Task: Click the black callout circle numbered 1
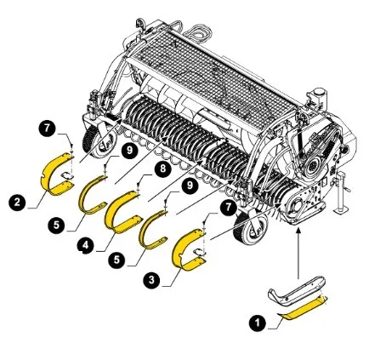(x=258, y=323)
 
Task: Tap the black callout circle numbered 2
(x=17, y=203)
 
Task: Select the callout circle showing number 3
(x=151, y=280)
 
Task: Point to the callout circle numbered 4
(x=85, y=246)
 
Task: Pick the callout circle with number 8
(x=162, y=169)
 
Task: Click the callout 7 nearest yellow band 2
(x=47, y=129)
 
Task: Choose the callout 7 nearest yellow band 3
(x=229, y=208)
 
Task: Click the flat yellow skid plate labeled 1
(x=302, y=308)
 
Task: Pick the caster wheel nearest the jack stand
(x=249, y=228)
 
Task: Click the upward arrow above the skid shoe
(x=298, y=254)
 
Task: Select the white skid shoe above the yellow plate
(x=297, y=290)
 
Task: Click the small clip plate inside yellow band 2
(x=67, y=176)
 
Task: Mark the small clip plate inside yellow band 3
(x=200, y=251)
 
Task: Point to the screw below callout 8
(x=138, y=186)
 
